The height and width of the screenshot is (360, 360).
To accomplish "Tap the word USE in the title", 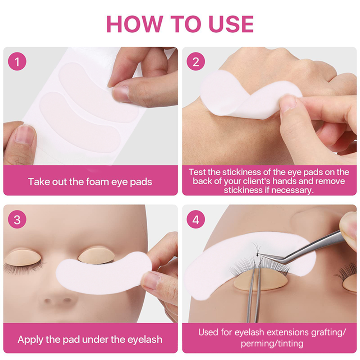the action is click(231, 24).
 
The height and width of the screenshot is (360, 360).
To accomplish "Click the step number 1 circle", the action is click(17, 62).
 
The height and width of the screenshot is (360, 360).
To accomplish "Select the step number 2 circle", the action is click(195, 62).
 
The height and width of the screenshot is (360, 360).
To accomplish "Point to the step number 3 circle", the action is click(17, 220).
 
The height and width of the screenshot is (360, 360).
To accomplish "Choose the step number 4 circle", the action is click(195, 220).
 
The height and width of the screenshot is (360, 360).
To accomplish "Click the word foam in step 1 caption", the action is click(97, 181).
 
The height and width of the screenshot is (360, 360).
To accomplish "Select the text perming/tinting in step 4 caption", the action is click(272, 344).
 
